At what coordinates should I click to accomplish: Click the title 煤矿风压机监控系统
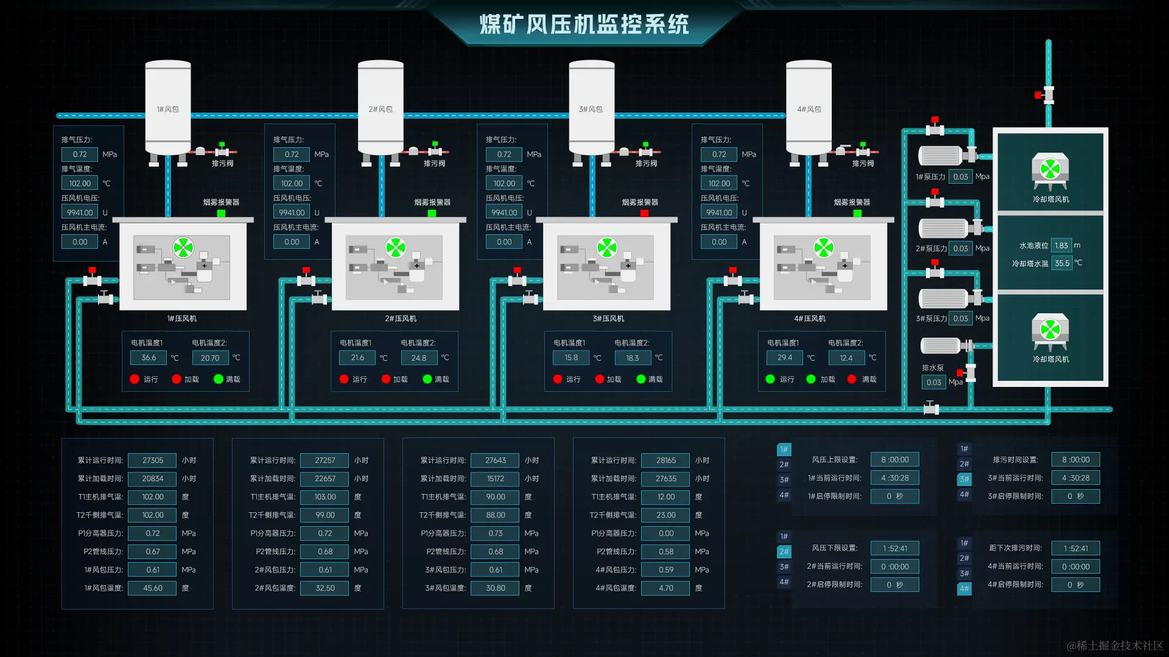(584, 25)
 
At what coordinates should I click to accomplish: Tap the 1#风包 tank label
(167, 109)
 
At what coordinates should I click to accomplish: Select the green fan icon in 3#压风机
(606, 248)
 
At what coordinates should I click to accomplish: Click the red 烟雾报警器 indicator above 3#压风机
(644, 214)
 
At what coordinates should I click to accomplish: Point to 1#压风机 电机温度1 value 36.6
(149, 358)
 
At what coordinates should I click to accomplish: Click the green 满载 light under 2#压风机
(427, 379)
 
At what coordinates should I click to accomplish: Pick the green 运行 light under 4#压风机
(770, 379)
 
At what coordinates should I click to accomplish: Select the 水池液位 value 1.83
(1061, 246)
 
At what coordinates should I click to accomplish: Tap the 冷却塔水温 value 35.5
(1062, 263)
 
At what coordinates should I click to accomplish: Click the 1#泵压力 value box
(960, 177)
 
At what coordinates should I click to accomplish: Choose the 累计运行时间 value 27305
(153, 461)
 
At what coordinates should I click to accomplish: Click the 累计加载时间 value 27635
(666, 479)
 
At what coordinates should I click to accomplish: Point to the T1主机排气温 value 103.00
(325, 497)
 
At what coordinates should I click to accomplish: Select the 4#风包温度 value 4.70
(666, 588)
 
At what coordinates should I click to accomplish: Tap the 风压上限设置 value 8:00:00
(894, 460)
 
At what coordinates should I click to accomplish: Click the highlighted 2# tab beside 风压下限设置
(784, 552)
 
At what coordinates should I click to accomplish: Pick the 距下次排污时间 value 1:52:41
(1075, 549)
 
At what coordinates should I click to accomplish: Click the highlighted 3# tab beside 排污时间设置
(964, 479)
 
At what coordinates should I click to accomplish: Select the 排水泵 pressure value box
(933, 383)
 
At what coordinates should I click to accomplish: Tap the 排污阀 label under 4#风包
(863, 164)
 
